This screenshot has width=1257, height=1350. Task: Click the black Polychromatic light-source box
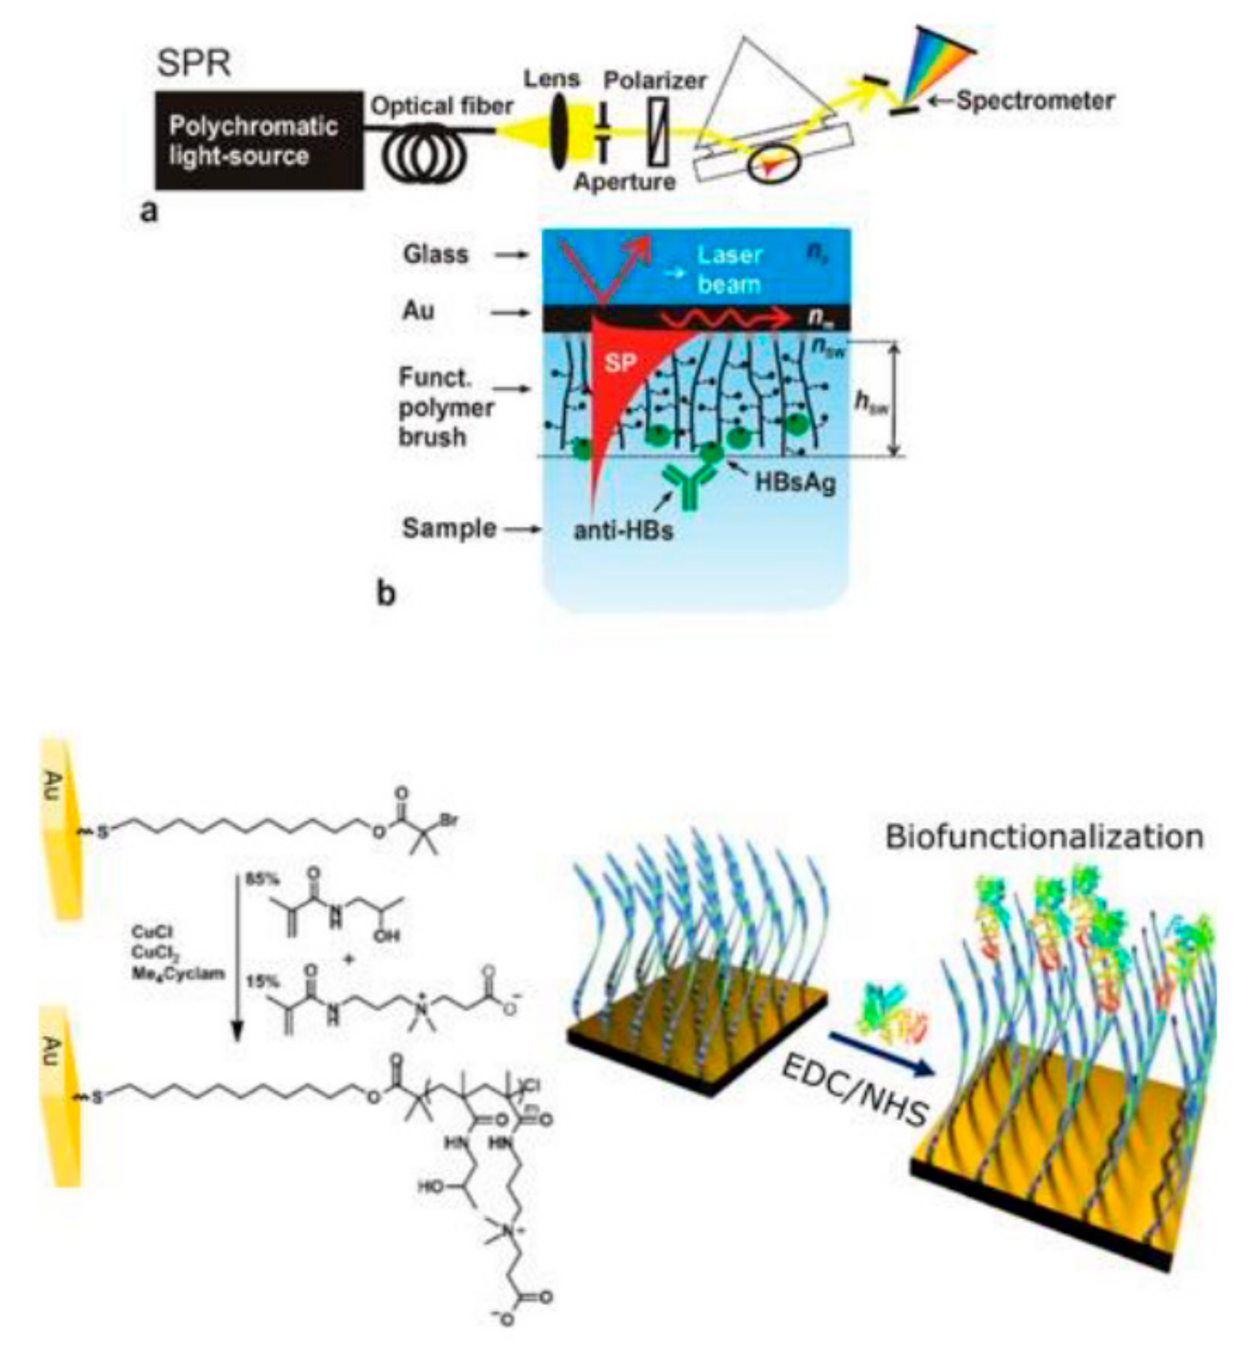pos(258,140)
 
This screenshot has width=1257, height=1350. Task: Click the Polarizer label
pos(655,81)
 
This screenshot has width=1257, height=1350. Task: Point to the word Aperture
pos(625,182)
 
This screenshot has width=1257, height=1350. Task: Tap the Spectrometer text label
pos(1035,101)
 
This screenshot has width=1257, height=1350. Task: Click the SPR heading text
pos(194,63)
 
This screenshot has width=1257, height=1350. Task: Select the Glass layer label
pos(435,254)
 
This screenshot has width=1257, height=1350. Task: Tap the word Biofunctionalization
pos(1044,837)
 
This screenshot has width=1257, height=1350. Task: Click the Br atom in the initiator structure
pos(448,821)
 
